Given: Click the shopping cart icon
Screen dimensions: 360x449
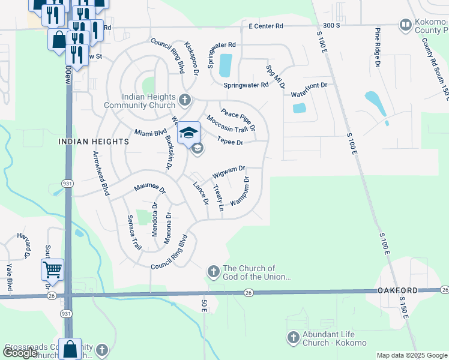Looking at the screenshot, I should click(52, 269).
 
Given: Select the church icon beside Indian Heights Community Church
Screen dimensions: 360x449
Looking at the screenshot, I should click(185, 99).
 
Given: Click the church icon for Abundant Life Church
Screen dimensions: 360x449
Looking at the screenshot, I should click(294, 338).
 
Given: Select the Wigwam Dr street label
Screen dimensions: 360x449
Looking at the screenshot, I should click(229, 172).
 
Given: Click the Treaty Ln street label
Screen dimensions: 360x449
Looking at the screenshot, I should click(218, 198).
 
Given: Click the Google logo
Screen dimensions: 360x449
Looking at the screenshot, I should click(20, 353).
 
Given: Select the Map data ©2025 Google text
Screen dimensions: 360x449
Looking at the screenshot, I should click(412, 355).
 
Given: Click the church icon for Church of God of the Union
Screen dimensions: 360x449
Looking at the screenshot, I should click(213, 272).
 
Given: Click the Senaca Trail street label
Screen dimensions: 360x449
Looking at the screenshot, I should click(133, 233).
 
